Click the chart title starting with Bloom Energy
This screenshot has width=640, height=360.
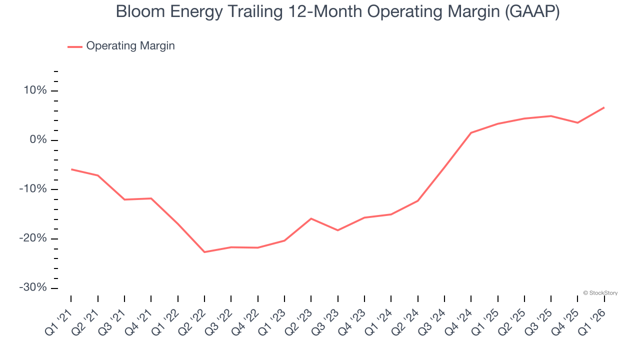pyautogui.click(x=337, y=12)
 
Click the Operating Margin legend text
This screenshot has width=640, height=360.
pyautogui.click(x=130, y=46)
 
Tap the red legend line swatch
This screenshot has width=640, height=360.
pyautogui.click(x=75, y=46)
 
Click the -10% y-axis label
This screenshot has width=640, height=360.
pyautogui.click(x=33, y=189)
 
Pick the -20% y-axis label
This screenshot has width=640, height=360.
pyautogui.click(x=33, y=238)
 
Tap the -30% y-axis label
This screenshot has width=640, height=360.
pyautogui.click(x=33, y=287)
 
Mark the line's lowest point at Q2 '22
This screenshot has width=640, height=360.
pyautogui.click(x=204, y=252)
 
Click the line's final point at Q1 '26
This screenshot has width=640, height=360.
pyautogui.click(x=604, y=107)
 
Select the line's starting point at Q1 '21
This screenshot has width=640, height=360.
pyautogui.click(x=71, y=169)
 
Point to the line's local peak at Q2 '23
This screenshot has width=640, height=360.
pyautogui.click(x=311, y=218)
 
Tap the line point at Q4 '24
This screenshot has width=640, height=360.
pyautogui.click(x=471, y=133)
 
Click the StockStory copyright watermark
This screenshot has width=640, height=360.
pyautogui.click(x=600, y=293)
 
